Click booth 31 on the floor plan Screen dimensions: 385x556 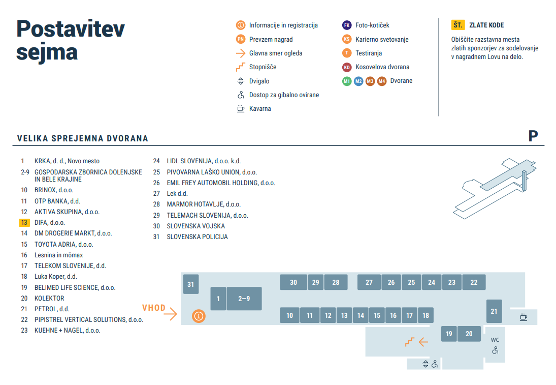pos(190,284)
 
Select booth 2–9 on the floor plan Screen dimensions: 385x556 pos(244,299)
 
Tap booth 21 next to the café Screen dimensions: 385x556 pos(494,311)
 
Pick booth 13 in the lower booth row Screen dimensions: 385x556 pos(344,315)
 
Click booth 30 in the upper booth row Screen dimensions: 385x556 pos(293,282)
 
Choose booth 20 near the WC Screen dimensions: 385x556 pos(469,334)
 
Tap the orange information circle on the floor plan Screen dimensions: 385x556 pos(199,316)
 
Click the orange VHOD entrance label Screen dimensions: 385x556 pos(154,308)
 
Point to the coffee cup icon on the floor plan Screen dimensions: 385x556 pos(524,317)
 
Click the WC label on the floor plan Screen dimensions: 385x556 pos(495,340)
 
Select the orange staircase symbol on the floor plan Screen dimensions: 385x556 pos(410,342)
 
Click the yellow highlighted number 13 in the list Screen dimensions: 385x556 pos(24,222)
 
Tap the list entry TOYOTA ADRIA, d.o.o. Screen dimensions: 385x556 pos(64,244)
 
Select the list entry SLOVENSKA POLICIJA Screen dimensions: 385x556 pos(197,236)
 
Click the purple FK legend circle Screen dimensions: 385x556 pos(347,25)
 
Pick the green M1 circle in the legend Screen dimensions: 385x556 pos(347,81)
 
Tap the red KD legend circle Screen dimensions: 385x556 pos(347,67)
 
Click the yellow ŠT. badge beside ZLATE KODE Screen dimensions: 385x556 pos(458,25)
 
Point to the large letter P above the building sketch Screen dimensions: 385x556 pos(533,136)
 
